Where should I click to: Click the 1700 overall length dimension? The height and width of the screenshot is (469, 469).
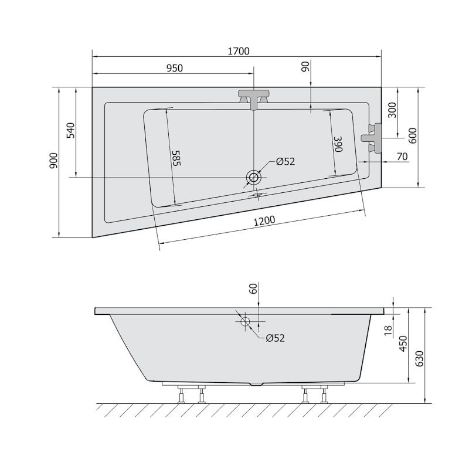[x=239, y=51]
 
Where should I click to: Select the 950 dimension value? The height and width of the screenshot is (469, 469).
[x=174, y=68]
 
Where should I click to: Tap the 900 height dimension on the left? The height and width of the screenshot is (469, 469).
[x=53, y=160]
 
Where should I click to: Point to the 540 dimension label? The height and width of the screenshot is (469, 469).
[x=70, y=130]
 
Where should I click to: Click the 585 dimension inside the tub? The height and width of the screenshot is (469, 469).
[x=176, y=158]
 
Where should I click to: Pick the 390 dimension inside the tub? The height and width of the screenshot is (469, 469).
[x=338, y=144]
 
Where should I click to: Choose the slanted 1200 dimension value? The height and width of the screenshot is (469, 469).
[x=264, y=221]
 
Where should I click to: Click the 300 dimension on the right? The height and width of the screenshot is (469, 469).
[x=392, y=110]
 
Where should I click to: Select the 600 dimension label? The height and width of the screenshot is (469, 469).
[x=413, y=136]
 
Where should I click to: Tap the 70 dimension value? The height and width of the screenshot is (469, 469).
[x=402, y=157]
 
